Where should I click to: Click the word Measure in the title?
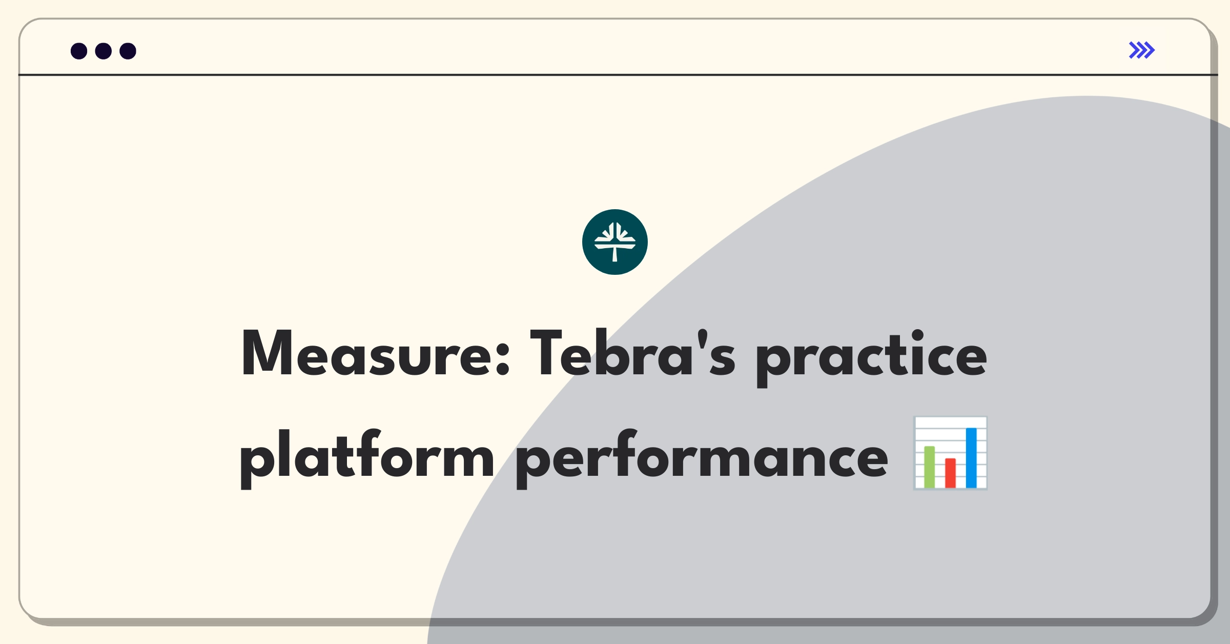(x=375, y=354)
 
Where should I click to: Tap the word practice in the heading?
(x=871, y=358)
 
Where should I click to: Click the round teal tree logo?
(x=615, y=242)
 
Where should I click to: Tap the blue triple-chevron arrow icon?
(x=1142, y=50)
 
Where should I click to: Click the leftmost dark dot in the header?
(x=79, y=51)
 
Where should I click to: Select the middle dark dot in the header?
(x=104, y=51)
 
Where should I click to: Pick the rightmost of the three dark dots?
(x=128, y=51)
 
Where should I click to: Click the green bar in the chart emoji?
(x=929, y=467)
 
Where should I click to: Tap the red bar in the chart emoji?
(x=950, y=473)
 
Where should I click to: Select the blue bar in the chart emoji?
(x=971, y=457)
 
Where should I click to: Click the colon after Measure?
(x=503, y=359)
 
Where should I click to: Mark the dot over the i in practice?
(x=917, y=336)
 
